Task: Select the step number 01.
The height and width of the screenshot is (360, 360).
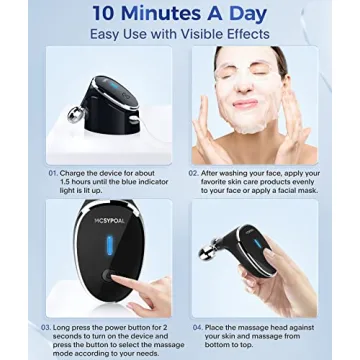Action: [x=51, y=173]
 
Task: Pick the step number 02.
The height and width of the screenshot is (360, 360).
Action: [x=192, y=173]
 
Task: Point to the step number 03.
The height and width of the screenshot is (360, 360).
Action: [x=45, y=326]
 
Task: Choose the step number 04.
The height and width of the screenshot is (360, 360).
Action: [x=197, y=326]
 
